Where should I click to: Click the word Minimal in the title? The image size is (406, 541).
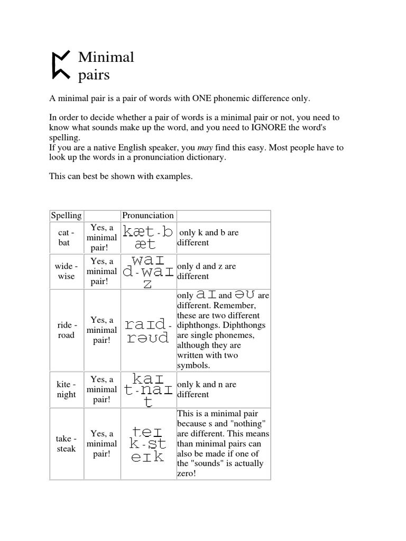click(106, 57)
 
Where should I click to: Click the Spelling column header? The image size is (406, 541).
click(66, 216)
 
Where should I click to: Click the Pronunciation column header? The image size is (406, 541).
click(148, 216)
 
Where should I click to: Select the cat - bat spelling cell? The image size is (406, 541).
click(66, 238)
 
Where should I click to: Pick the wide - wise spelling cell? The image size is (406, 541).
click(66, 272)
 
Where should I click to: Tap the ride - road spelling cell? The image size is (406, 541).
click(66, 331)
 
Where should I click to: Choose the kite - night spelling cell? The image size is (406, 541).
click(66, 390)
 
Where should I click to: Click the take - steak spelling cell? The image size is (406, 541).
click(66, 444)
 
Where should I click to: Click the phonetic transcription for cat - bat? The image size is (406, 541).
click(147, 238)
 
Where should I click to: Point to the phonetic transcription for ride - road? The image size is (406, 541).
click(147, 331)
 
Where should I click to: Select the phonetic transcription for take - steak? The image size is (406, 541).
click(147, 444)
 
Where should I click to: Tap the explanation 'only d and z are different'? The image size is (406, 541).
click(207, 272)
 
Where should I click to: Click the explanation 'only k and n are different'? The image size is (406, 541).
click(207, 390)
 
